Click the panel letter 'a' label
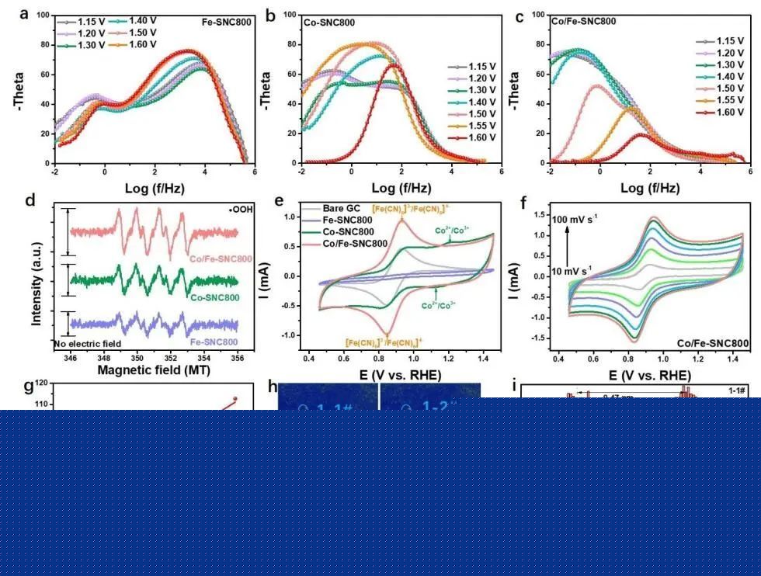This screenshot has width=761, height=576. tap(24, 13)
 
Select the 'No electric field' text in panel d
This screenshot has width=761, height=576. tap(88, 343)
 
